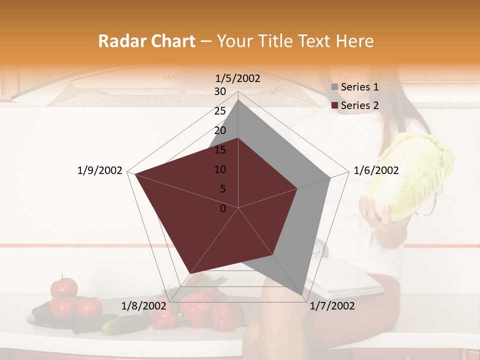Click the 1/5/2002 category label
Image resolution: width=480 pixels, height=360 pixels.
click(238, 78)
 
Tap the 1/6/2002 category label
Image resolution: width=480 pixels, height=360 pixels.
click(376, 171)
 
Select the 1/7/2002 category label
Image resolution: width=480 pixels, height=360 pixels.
click(332, 306)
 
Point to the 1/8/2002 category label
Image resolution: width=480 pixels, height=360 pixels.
click(143, 306)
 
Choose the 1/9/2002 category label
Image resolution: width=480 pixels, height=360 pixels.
click(99, 171)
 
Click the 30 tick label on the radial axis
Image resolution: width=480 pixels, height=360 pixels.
click(220, 91)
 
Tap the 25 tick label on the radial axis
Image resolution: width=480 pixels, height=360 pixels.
click(220, 111)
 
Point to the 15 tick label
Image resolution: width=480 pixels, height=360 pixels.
click(220, 150)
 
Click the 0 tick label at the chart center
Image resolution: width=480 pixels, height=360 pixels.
click(223, 208)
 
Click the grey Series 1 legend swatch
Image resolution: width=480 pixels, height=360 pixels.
click(334, 87)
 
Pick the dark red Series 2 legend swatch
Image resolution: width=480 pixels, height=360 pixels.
click(334, 105)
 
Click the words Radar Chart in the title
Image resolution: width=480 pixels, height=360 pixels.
click(146, 41)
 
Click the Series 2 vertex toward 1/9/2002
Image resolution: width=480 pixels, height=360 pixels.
click(135, 174)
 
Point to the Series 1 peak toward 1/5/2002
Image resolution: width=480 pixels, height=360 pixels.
click(238, 100)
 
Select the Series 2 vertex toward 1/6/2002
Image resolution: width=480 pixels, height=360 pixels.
click(297, 188)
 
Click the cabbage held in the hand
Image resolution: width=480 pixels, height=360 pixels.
click(410, 177)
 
